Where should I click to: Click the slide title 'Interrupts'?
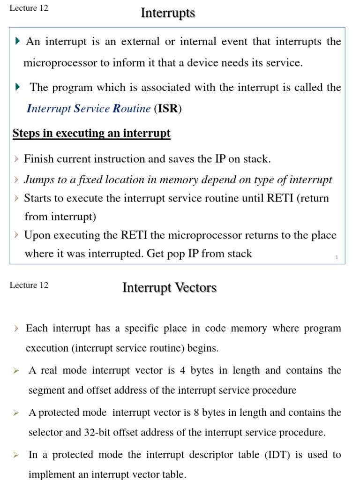coord(168,13)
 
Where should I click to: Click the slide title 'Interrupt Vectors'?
coord(169,287)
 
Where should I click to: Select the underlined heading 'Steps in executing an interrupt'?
coord(91,134)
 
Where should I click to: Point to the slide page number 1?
coord(337,257)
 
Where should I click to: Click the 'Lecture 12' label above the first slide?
coord(29,8)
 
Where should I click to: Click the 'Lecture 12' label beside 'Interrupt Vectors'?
coord(29,285)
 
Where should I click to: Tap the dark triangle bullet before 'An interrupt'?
coord(17,42)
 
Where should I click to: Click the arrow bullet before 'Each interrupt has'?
coord(16,329)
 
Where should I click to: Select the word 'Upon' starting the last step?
coord(36,235)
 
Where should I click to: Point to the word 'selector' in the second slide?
coord(46,433)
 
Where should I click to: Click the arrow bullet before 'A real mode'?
coord(16,371)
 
